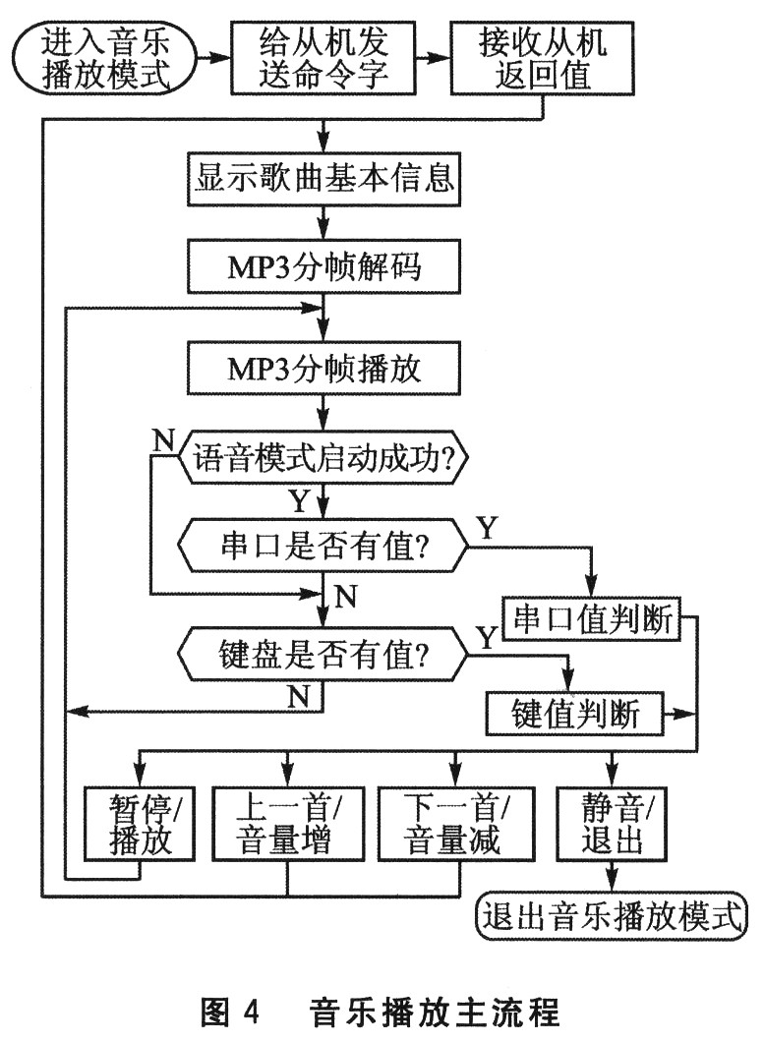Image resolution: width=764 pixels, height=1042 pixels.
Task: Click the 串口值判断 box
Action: pyautogui.click(x=591, y=620)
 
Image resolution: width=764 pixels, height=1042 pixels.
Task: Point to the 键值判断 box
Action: pyautogui.click(x=575, y=713)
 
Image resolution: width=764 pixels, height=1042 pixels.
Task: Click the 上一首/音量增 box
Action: pyautogui.click(x=287, y=826)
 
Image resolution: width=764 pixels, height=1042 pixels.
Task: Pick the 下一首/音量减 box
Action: pyautogui.click(x=454, y=826)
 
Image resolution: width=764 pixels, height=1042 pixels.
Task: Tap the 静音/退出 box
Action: pyautogui.click(x=611, y=826)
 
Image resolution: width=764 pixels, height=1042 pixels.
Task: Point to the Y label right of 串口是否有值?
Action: pyautogui.click(x=488, y=527)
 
